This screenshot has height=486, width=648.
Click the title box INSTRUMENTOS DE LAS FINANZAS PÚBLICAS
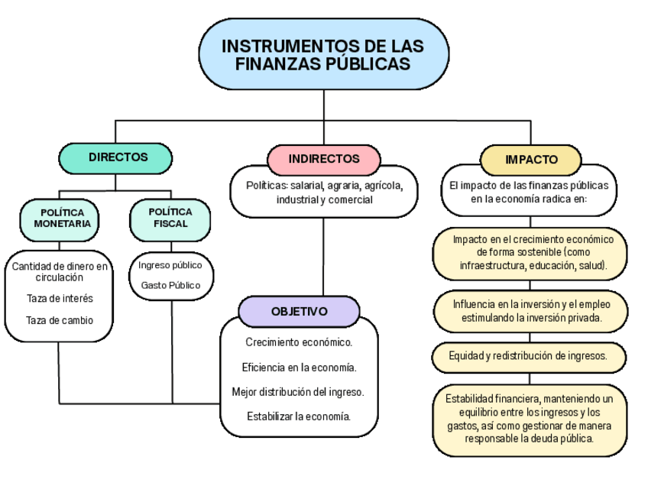click(323, 54)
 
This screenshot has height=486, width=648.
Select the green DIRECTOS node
click(116, 157)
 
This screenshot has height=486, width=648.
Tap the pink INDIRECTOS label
click(324, 159)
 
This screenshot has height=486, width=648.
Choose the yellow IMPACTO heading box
click(531, 160)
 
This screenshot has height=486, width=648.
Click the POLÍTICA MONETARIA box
click(62, 218)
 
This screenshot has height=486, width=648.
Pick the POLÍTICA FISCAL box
click(170, 218)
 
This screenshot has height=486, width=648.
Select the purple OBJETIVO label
click(299, 312)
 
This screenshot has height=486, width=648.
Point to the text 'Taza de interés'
click(60, 299)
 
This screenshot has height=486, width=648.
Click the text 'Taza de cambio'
click(60, 320)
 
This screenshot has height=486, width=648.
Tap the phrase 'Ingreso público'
click(170, 265)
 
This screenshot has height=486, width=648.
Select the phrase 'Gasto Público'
click(170, 285)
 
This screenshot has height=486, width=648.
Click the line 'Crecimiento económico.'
click(299, 342)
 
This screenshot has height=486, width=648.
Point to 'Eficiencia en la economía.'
click(299, 368)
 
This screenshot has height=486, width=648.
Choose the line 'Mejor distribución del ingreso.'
click(298, 392)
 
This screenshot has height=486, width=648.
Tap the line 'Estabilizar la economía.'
click(299, 416)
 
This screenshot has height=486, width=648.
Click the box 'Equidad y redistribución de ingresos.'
click(528, 355)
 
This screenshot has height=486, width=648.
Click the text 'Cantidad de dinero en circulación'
click(60, 271)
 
